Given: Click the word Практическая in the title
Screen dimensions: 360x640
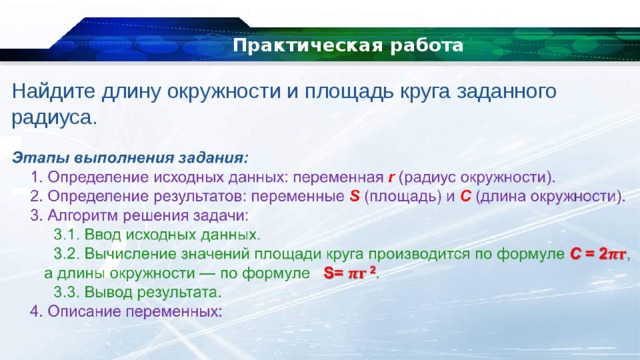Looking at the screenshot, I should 285,47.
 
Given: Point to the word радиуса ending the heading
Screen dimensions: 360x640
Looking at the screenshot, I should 53,117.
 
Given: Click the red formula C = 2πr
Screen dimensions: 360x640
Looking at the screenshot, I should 599,254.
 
